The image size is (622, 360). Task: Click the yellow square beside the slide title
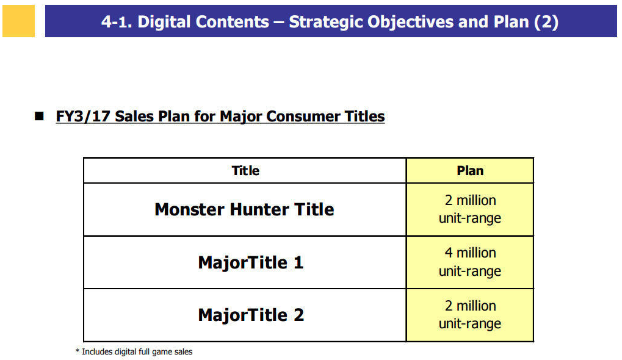pos(18,21)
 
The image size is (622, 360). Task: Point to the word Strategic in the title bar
pos(326,22)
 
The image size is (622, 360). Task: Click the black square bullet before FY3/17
pos(39,116)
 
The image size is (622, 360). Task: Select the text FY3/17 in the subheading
pos(82,116)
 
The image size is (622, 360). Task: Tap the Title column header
pos(245,170)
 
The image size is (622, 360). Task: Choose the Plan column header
pos(470,170)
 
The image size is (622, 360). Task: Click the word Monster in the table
pos(189,209)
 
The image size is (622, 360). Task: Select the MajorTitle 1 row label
pos(251,262)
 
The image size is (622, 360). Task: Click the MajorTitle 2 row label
pos(251,315)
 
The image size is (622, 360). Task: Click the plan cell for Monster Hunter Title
pos(470,209)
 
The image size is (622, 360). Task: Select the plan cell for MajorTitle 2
pos(470,315)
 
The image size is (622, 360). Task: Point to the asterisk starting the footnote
pos(78,351)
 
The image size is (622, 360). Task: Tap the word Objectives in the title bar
pos(410,22)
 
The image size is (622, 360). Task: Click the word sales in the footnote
pos(183,351)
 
